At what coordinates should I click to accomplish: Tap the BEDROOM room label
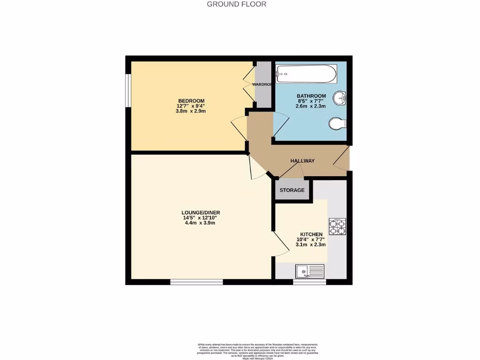tap(191, 101)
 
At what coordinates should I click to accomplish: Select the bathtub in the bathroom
tap(306, 74)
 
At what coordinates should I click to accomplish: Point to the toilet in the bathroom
tap(337, 124)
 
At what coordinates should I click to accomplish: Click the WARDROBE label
tap(262, 84)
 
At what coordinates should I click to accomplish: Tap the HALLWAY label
tap(302, 161)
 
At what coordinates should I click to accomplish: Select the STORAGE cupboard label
tap(292, 190)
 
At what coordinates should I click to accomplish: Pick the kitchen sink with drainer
tap(310, 270)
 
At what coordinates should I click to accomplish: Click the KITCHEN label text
tap(311, 234)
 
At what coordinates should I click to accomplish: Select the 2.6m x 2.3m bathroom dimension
tap(310, 106)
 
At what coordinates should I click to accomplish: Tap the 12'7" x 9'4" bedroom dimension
tap(191, 106)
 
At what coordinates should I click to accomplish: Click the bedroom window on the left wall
tap(127, 90)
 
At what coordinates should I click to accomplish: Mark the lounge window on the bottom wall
tap(196, 282)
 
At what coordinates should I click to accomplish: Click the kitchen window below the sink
tap(309, 282)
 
